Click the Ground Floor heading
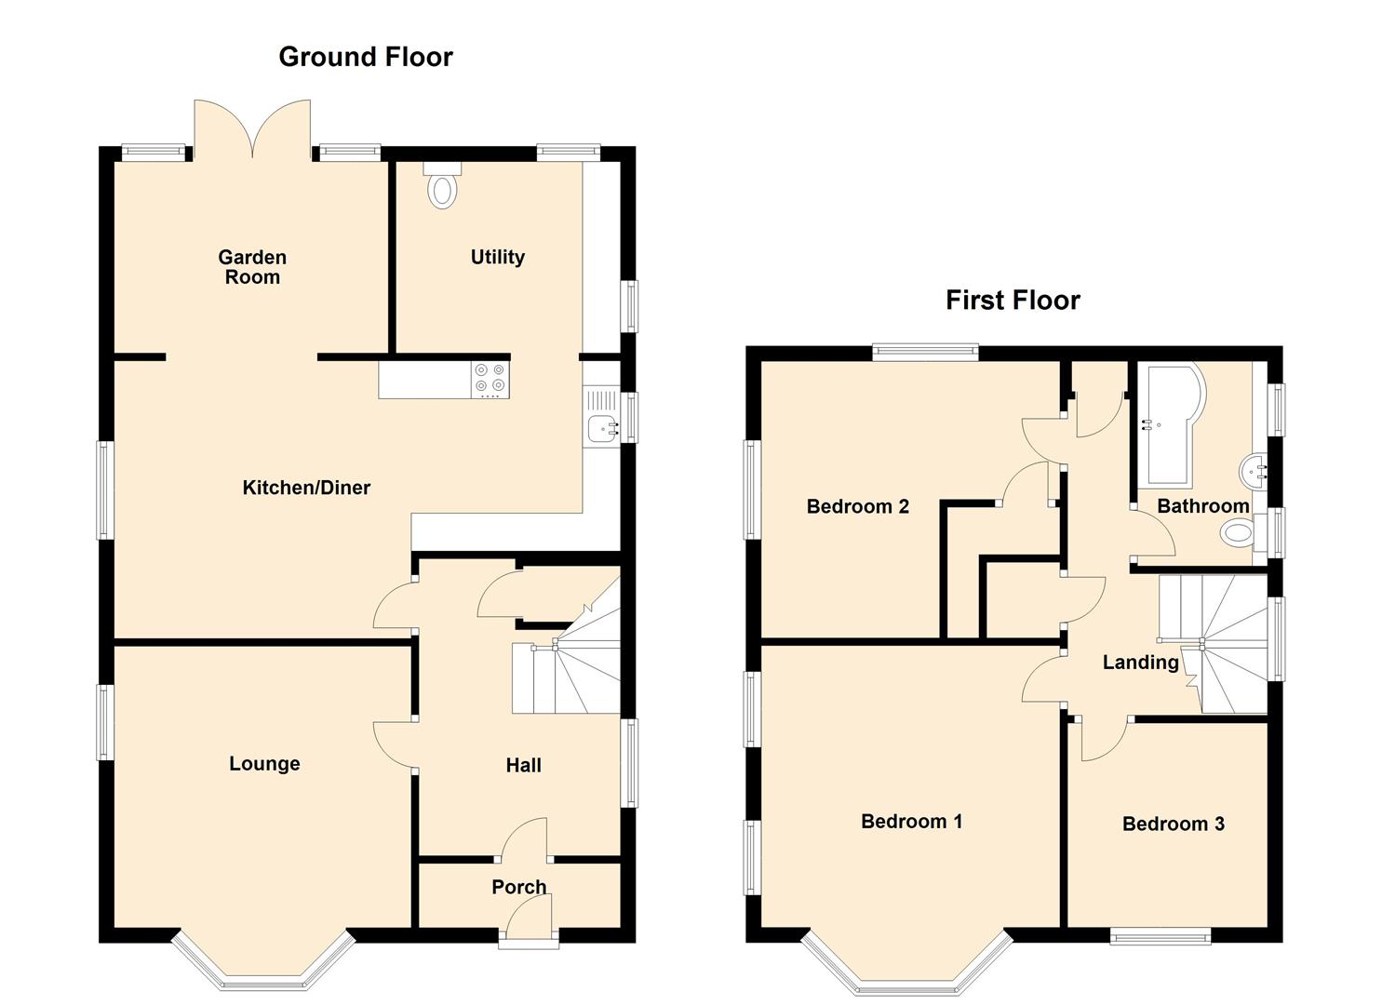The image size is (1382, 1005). click(366, 57)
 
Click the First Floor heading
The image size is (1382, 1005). click(1013, 300)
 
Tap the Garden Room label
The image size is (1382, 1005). click(252, 267)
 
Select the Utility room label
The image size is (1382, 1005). click(497, 257)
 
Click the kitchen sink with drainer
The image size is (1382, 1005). click(601, 419)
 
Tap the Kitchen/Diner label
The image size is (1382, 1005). click(306, 488)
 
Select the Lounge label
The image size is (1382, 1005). click(264, 764)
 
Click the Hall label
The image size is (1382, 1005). click(523, 765)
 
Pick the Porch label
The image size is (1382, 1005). click(518, 887)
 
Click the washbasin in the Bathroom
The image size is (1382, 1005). click(1254, 472)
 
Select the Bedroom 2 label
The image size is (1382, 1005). click(857, 506)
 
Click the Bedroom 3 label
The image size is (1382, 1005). click(1173, 824)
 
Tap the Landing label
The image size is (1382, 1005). click(1140, 663)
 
